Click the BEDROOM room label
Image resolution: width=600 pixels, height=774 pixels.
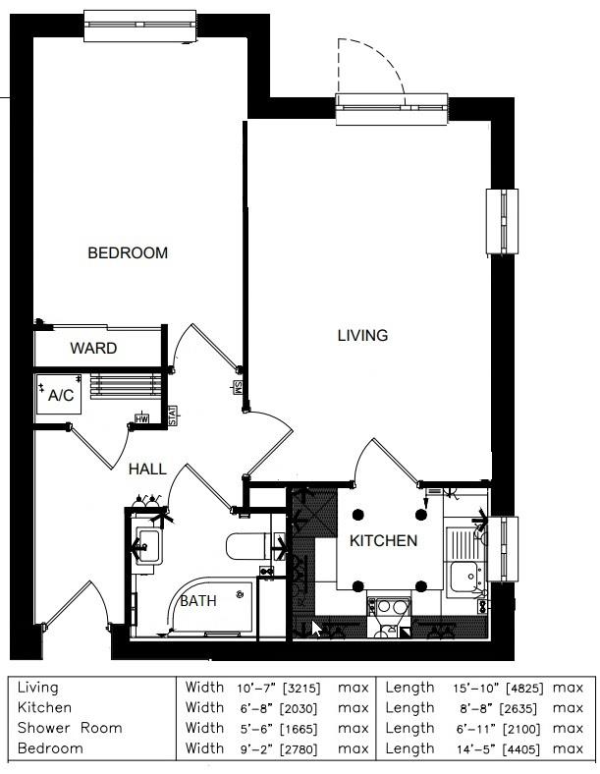(x=128, y=252)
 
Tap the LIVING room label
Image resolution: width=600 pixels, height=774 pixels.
(x=362, y=335)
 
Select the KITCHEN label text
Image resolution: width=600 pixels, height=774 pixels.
(x=384, y=540)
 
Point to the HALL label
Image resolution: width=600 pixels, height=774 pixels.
(x=147, y=470)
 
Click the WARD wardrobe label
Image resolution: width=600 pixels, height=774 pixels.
(x=93, y=348)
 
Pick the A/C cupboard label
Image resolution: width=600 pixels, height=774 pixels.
(x=62, y=396)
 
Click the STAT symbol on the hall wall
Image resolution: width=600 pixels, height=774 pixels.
(x=173, y=415)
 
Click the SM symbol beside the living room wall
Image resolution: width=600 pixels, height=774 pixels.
(x=238, y=386)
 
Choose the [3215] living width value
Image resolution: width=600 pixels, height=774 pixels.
(x=300, y=688)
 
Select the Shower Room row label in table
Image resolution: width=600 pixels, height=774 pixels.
(x=70, y=728)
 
